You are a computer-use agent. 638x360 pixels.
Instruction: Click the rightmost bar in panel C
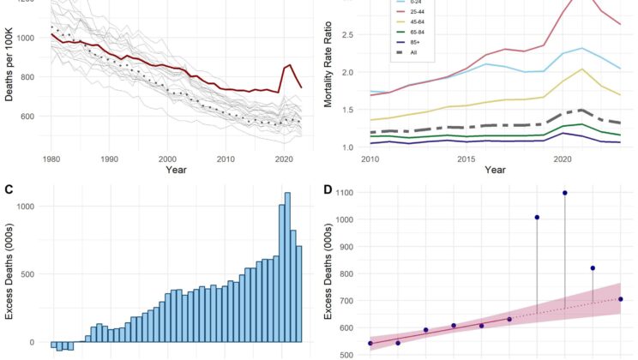(x=299, y=294)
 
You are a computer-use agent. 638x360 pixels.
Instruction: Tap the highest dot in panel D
(x=565, y=193)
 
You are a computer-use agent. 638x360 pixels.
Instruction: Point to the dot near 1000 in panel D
(x=537, y=218)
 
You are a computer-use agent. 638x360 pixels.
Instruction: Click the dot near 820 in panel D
(x=593, y=268)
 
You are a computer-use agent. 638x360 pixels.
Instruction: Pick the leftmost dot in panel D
(x=370, y=344)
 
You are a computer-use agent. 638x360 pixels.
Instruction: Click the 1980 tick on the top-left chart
(x=51, y=159)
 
